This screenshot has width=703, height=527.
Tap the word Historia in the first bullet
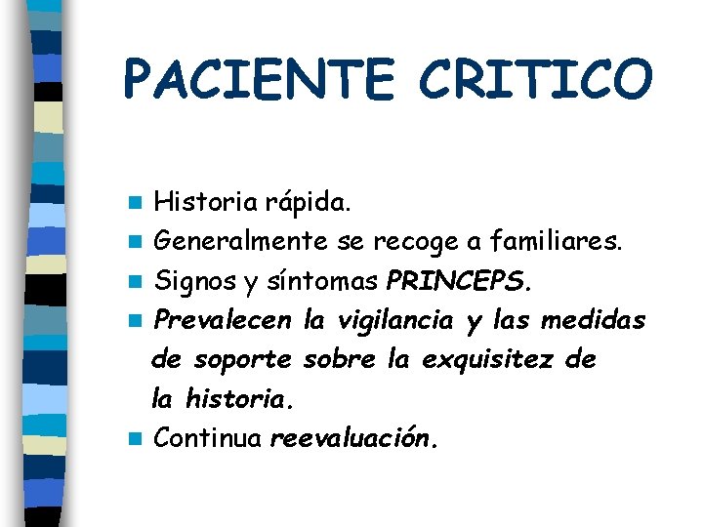[x=207, y=203]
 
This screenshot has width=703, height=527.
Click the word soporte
[x=242, y=360]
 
